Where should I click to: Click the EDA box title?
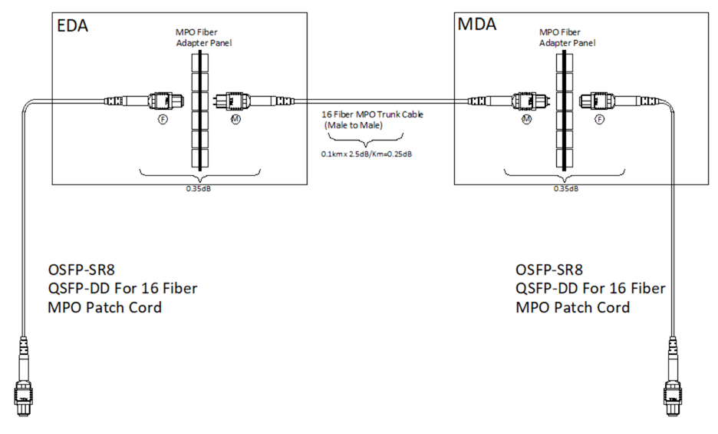click(x=73, y=25)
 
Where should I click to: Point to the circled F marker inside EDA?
click(x=161, y=121)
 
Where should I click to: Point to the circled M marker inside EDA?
click(x=234, y=121)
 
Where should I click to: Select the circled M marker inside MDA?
click(x=526, y=121)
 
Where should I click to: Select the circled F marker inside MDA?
click(x=599, y=121)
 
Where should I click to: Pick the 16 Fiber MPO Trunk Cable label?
click(x=372, y=114)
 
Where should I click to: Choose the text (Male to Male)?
click(x=357, y=124)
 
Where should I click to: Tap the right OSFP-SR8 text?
click(x=550, y=270)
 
